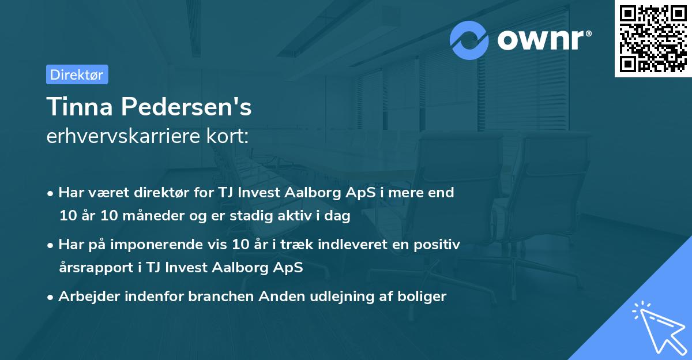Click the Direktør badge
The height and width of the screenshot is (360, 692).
(77, 74)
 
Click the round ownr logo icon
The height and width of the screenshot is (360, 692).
(469, 40)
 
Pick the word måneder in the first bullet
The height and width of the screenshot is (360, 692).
(148, 216)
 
